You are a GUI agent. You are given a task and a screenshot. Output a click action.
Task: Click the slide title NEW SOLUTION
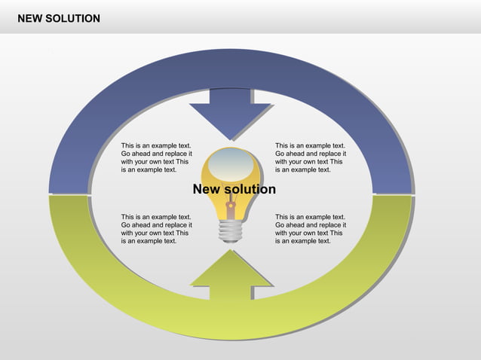[x=59, y=18]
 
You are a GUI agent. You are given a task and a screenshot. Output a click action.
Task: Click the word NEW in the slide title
[x=31, y=18]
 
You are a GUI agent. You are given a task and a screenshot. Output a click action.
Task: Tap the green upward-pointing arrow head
[x=231, y=271]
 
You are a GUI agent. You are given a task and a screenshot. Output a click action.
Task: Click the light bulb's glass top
[x=231, y=162]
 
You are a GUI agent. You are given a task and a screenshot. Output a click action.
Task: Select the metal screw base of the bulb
[x=231, y=230]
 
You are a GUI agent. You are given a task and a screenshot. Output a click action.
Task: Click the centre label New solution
[x=234, y=189]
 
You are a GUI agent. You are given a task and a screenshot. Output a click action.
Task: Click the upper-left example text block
[x=156, y=157]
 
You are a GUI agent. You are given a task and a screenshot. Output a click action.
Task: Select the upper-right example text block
[x=310, y=157]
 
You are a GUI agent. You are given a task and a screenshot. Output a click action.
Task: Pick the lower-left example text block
[x=156, y=228]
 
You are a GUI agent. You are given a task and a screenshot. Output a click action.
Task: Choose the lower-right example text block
[x=310, y=228]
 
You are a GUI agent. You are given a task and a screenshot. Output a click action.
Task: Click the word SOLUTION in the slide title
[x=73, y=18]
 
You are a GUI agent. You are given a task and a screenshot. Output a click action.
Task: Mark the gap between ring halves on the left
[x=69, y=195]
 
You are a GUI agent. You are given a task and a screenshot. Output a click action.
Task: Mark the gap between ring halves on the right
[x=393, y=194]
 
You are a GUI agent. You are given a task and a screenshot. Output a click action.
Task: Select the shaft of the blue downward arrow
[x=231, y=96]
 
